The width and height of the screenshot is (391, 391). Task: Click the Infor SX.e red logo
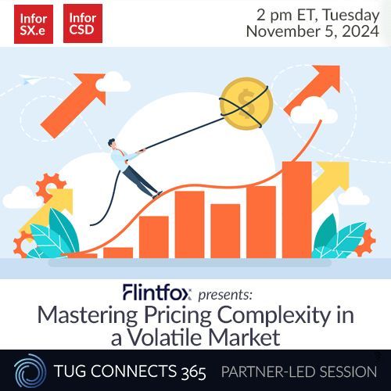pos(33,23)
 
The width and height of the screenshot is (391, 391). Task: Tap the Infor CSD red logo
pos(83,23)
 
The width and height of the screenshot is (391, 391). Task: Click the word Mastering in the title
pos(80,317)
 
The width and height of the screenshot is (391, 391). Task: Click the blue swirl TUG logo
pos(23,370)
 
